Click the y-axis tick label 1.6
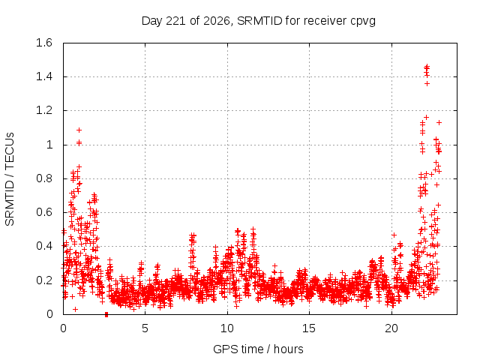pos(44,43)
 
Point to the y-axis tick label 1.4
pos(44,76)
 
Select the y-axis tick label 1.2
pos(44,110)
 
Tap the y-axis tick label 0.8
pos(44,178)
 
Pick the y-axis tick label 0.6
pos(44,212)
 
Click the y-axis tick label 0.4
pos(44,246)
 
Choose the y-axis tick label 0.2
pos(44,280)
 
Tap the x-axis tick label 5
pos(145,328)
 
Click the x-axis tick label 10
pos(227,328)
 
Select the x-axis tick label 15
pos(309,328)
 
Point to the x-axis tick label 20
pos(391,328)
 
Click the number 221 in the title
pos(175,21)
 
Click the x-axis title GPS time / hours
pos(258,349)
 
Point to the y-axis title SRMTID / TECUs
pos(10,179)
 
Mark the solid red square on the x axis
pos(106,314)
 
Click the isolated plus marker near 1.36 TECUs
pos(427,83)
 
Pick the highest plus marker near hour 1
pos(79,130)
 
